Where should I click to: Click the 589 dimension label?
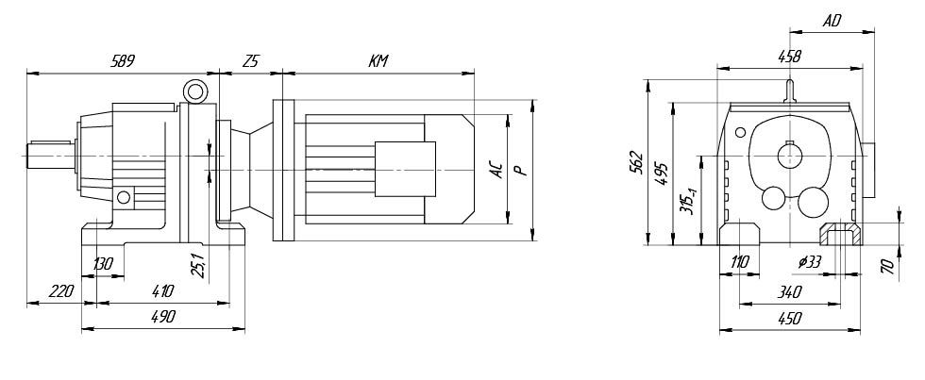124,60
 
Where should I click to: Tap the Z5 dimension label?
251,60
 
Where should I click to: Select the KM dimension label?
378,60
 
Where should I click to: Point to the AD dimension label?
832,21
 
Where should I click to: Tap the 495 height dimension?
662,173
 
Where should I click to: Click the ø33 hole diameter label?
810,262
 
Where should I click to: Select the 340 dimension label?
789,291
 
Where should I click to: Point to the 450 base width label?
789,319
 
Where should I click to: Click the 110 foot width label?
740,262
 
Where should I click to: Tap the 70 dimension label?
887,266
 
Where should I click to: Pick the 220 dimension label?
61,290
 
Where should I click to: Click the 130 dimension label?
103,263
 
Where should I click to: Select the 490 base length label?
162,317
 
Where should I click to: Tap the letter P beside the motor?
519,171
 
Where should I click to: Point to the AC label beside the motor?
496,171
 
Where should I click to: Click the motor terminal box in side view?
405,169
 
